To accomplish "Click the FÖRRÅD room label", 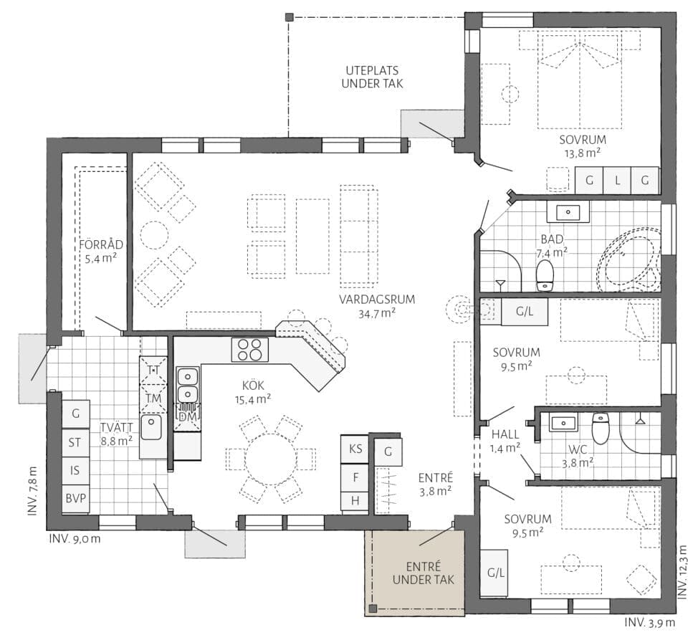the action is coord(101,244).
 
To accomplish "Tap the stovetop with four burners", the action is coord(249,350).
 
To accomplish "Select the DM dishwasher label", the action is coord(188,416).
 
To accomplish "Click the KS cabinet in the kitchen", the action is coord(355,449).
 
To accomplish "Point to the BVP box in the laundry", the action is coord(75,499).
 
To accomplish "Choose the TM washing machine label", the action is coord(153,398).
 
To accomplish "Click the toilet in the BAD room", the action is coord(545,275).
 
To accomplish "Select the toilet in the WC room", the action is coord(601,428).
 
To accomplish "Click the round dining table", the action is coord(270,459).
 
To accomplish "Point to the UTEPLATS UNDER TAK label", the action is coord(372,77).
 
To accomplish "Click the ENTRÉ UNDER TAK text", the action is coord(424,573).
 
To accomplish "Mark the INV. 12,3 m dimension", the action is coord(682,572).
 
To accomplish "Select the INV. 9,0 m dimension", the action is coord(75,538).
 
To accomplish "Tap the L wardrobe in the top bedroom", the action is coord(617,180).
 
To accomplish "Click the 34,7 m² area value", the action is coord(377,313).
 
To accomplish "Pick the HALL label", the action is coord(505,434).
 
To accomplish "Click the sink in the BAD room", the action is coord(568,213).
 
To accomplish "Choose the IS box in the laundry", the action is coord(75,470).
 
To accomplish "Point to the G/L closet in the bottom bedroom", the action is coord(496,572).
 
